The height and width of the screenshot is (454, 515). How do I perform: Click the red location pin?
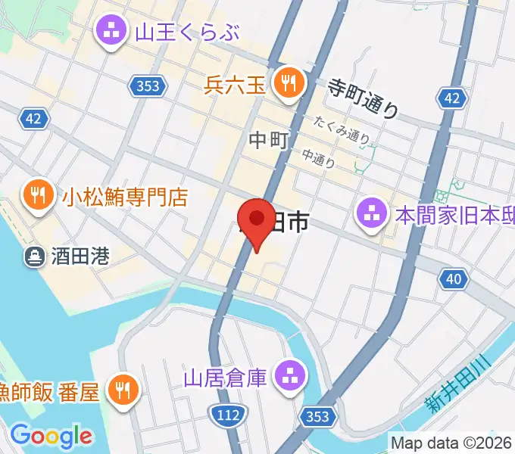tap(257, 220)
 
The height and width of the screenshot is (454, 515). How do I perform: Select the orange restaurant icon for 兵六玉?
tap(289, 82)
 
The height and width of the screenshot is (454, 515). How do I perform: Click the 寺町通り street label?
tap(363, 98)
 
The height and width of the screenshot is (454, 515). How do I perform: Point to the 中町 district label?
tap(269, 139)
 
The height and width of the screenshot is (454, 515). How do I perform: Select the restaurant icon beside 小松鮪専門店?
tap(36, 197)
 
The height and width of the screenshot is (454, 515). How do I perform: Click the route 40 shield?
tap(452, 279)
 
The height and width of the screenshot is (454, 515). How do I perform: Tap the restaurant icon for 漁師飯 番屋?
tap(122, 390)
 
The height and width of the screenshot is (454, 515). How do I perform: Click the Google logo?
tap(51, 436)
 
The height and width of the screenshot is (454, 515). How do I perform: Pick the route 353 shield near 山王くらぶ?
tap(148, 86)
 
